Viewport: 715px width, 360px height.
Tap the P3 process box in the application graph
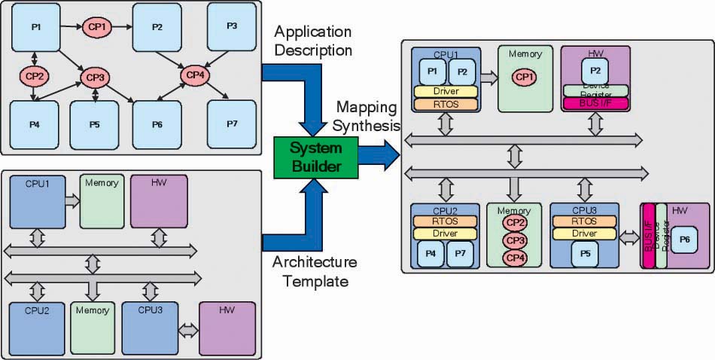tap(232, 26)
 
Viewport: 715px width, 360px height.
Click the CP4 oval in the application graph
tap(196, 75)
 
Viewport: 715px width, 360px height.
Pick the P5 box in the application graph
tap(94, 124)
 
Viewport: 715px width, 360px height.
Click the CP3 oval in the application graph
tap(95, 77)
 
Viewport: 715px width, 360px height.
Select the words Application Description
tap(313, 41)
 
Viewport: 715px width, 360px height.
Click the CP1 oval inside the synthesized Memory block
tap(525, 77)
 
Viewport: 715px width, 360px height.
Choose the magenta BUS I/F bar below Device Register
tap(595, 103)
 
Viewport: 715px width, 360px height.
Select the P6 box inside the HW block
tap(684, 239)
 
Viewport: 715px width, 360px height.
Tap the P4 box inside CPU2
tap(431, 254)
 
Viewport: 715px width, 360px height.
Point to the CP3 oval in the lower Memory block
tap(515, 240)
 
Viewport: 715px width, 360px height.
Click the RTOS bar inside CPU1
tap(446, 104)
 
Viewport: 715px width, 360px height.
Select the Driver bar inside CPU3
tap(584, 233)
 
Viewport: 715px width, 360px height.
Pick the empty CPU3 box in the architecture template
tap(148, 328)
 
